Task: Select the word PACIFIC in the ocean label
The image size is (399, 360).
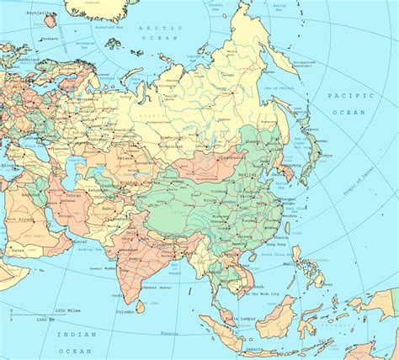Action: point(344,97)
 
